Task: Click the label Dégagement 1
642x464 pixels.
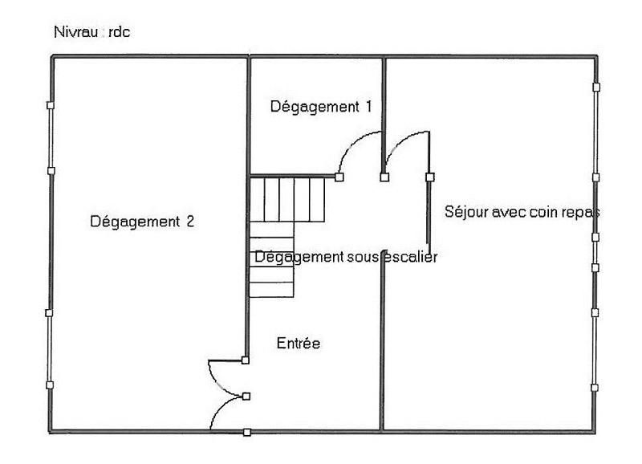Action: pyautogui.click(x=321, y=107)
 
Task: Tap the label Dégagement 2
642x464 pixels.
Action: pyautogui.click(x=142, y=222)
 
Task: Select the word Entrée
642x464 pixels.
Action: pyautogui.click(x=299, y=344)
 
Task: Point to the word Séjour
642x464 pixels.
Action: pyautogui.click(x=466, y=212)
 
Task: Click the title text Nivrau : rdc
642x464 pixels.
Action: pyautogui.click(x=92, y=32)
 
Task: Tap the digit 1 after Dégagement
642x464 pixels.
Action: pyautogui.click(x=368, y=107)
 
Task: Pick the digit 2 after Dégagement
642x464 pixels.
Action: pyautogui.click(x=190, y=221)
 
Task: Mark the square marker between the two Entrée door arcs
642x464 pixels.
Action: pyautogui.click(x=246, y=396)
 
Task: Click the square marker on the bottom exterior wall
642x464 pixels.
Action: pyautogui.click(x=247, y=432)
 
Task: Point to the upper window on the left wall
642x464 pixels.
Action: pyautogui.click(x=51, y=138)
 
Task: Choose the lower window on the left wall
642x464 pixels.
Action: pyautogui.click(x=49, y=349)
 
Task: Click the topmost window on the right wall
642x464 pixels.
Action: pyautogui.click(x=596, y=132)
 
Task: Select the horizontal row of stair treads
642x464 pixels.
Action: pyautogui.click(x=287, y=199)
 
